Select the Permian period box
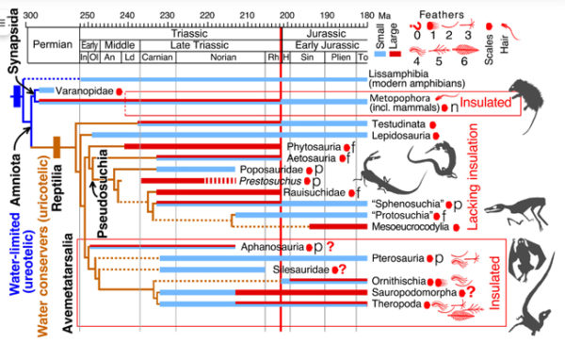tap(54, 44)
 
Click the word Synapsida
tap(12, 47)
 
